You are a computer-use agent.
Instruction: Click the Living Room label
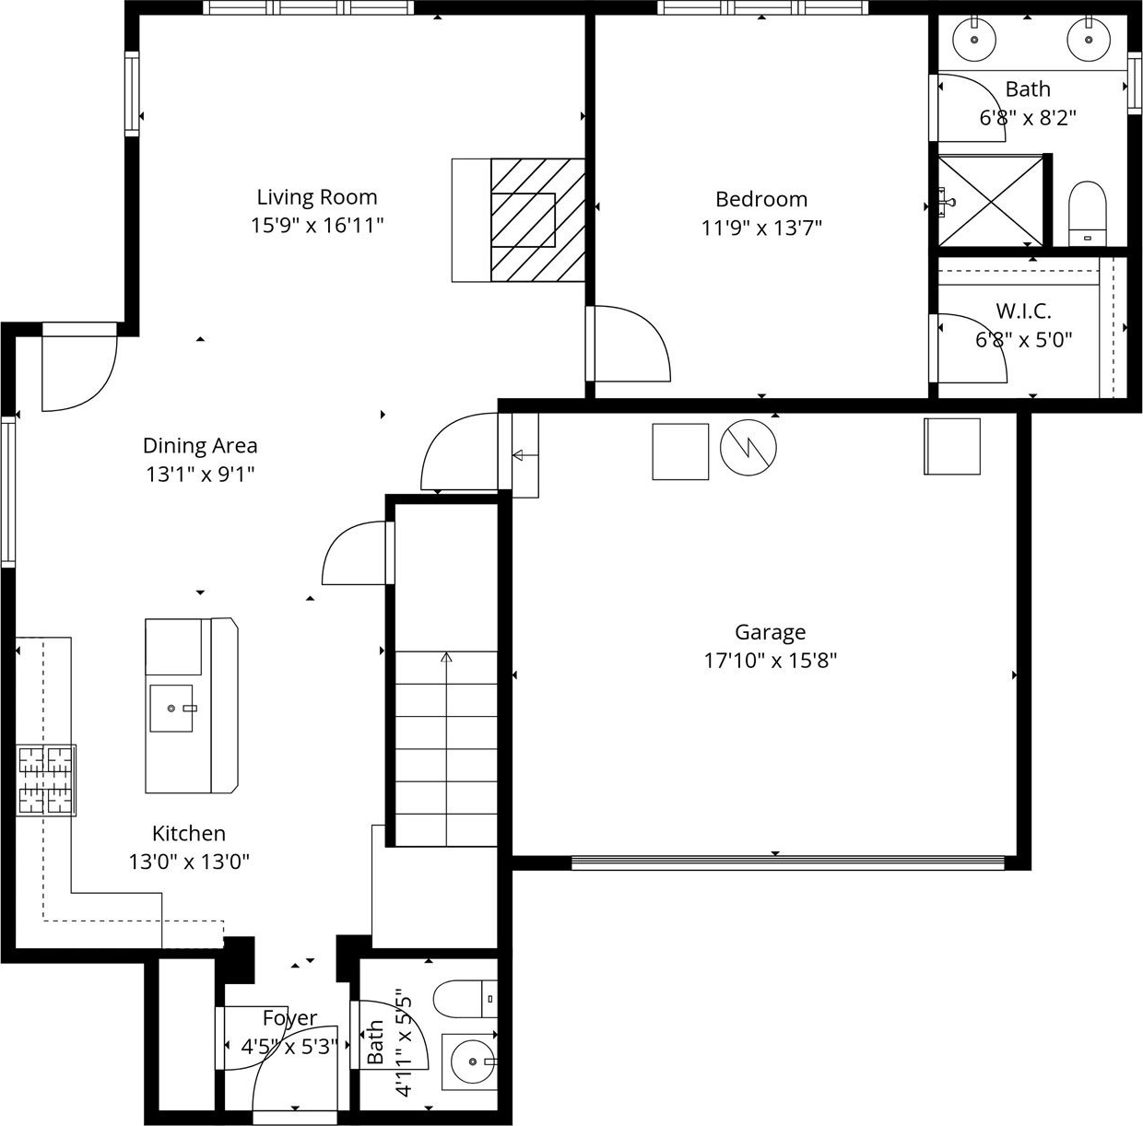(317, 197)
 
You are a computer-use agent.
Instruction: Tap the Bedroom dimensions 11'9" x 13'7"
(761, 228)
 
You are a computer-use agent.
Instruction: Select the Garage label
(770, 632)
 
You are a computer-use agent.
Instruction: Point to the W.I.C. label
(1024, 311)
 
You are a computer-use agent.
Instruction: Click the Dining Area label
(200, 446)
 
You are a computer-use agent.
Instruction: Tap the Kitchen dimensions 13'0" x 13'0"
(189, 862)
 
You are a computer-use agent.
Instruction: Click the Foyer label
(290, 1018)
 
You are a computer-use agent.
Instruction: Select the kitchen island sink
(171, 708)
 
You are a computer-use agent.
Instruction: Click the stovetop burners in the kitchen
(46, 780)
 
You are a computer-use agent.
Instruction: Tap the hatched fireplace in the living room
(537, 220)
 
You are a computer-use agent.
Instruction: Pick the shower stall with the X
(990, 201)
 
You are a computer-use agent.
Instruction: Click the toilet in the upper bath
(1088, 214)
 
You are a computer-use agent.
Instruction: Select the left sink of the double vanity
(974, 40)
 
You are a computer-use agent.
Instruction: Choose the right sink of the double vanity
(1089, 40)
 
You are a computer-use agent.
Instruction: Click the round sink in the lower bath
(473, 1061)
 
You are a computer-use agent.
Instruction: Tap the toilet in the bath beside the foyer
(465, 999)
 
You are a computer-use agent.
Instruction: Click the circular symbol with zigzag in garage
(748, 447)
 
